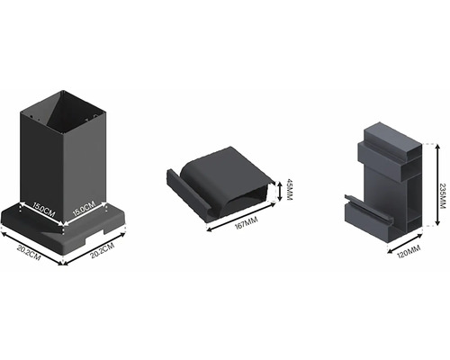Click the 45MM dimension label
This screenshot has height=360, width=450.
(290, 190)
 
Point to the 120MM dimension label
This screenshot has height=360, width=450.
(409, 251)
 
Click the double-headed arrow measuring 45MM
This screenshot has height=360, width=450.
(280, 193)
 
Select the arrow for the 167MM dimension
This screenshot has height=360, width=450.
(241, 217)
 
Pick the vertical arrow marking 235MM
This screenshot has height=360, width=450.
(437, 184)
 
